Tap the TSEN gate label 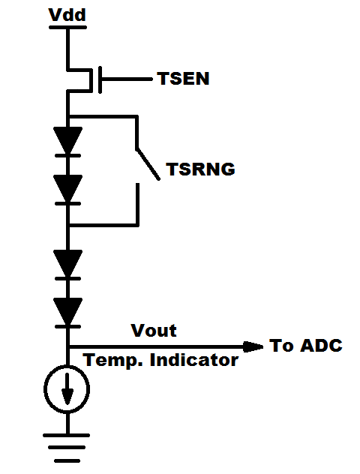pyautogui.click(x=183, y=78)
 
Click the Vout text pyautogui.click(x=153, y=331)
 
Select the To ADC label pyautogui.click(x=305, y=346)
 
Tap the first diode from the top pyautogui.click(x=68, y=140)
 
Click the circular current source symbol pyautogui.click(x=68, y=389)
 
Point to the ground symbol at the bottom pyautogui.click(x=68, y=448)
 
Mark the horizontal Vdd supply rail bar pyautogui.click(x=67, y=28)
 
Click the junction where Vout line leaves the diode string pyautogui.click(x=68, y=346)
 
